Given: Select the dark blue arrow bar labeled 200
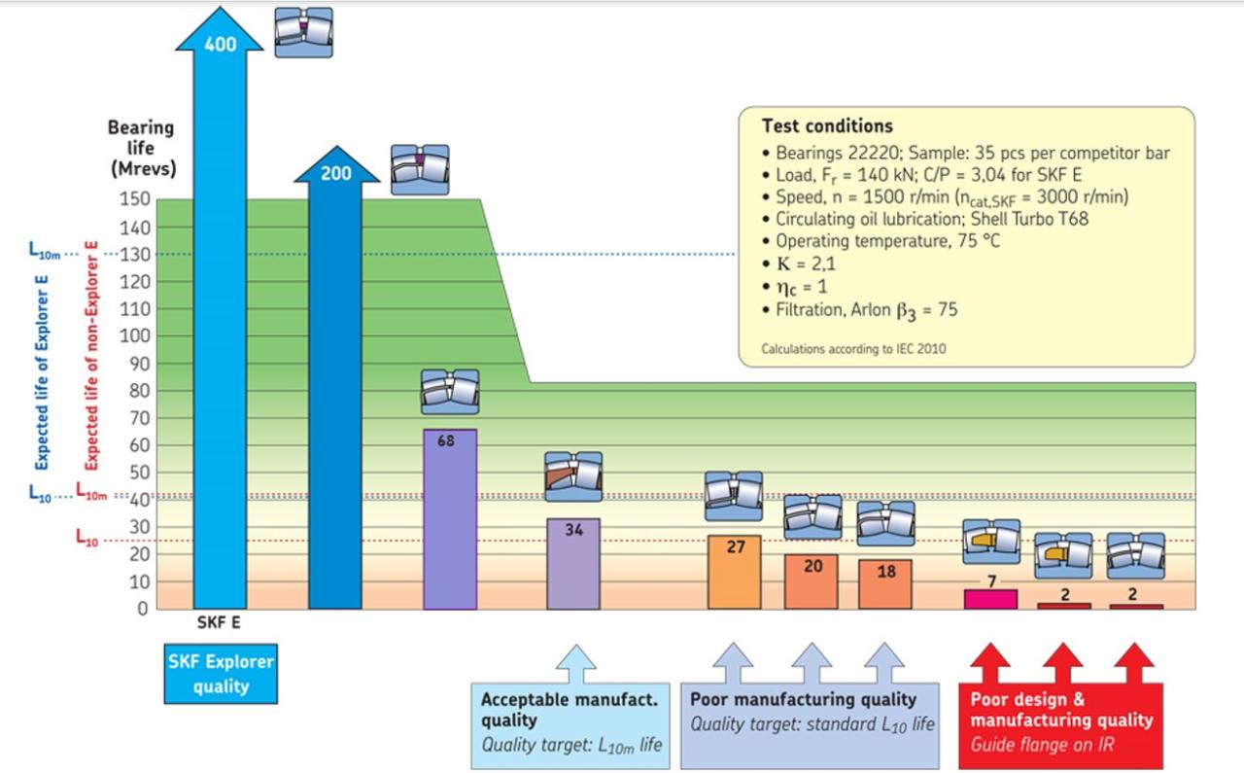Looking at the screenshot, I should [335, 389].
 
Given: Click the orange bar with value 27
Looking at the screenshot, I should [735, 574].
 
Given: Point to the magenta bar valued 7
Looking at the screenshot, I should [990, 599].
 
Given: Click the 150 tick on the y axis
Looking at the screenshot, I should [135, 199].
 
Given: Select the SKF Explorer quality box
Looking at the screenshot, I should [221, 673].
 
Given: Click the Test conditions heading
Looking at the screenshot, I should [827, 126].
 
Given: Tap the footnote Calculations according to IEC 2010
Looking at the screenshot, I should [853, 347].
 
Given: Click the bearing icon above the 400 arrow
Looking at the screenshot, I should [303, 32].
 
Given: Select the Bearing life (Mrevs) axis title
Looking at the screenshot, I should [141, 149].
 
